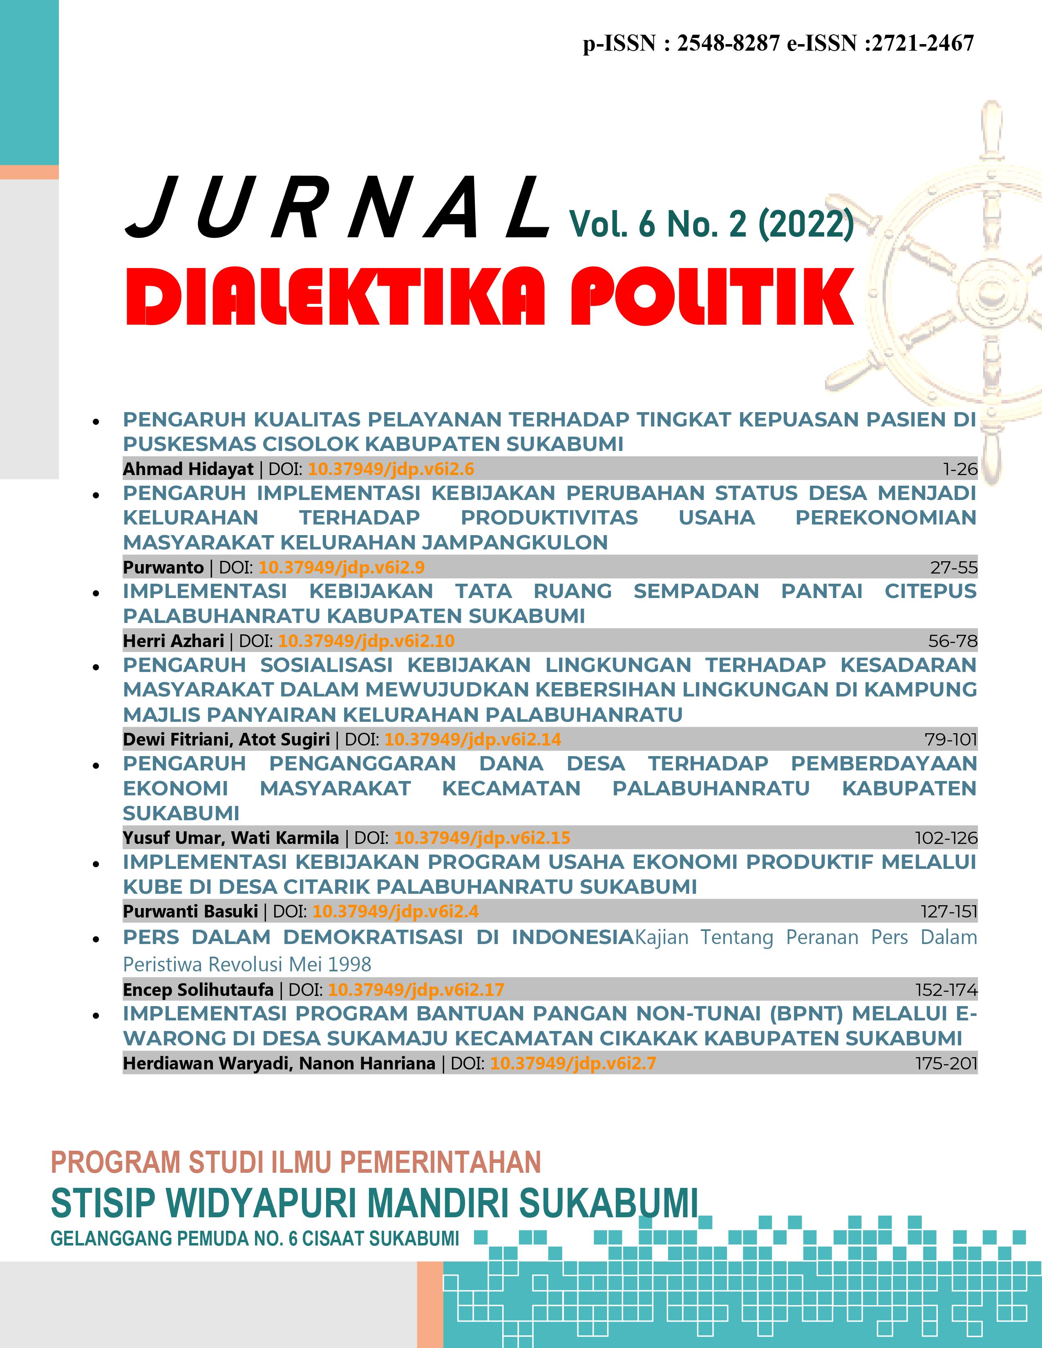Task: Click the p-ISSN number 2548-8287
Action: (x=729, y=43)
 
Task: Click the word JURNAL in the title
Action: (x=336, y=209)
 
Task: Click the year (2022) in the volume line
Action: (x=805, y=224)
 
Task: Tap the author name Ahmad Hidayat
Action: (x=188, y=469)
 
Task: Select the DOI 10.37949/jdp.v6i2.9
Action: (x=341, y=567)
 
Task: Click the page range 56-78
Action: (x=953, y=641)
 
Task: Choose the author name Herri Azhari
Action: (x=173, y=641)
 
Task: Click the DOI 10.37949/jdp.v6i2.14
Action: (x=473, y=739)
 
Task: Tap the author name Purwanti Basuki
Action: (x=190, y=912)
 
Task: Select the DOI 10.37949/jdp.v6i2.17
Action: (x=416, y=990)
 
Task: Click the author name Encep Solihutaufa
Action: (x=198, y=990)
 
